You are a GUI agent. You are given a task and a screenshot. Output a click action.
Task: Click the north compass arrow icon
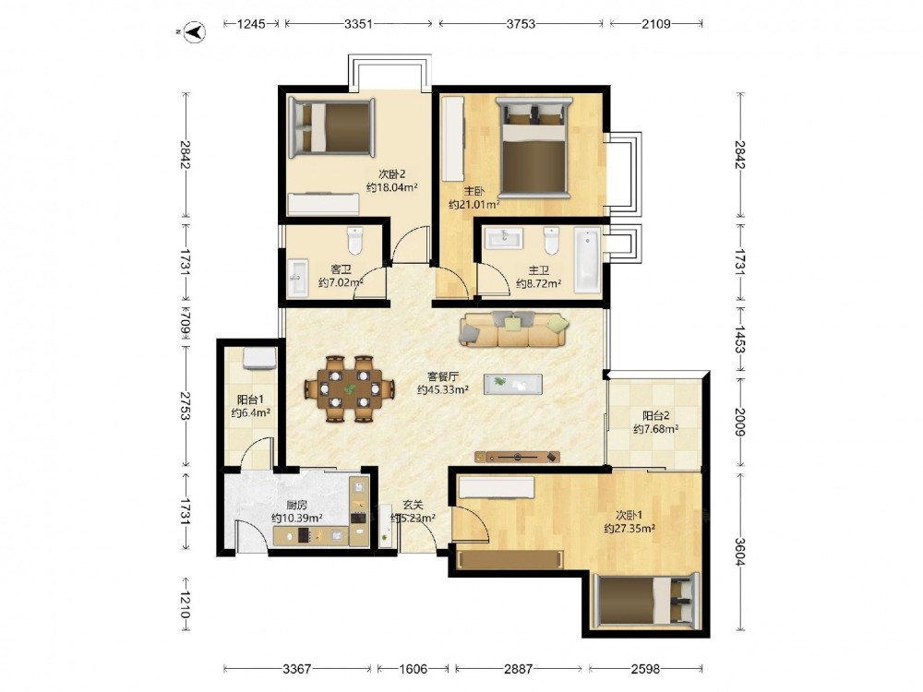tap(194, 31)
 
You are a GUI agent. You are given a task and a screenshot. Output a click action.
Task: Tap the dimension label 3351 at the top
tap(358, 24)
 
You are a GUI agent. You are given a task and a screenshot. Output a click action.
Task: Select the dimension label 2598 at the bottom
tap(645, 668)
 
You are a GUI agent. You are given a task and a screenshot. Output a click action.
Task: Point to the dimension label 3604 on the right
tap(740, 551)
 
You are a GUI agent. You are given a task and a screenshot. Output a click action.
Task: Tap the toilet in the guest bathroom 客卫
tap(355, 240)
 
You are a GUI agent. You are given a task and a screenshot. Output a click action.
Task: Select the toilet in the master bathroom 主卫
tap(552, 241)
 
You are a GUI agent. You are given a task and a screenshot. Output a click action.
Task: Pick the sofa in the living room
tap(514, 328)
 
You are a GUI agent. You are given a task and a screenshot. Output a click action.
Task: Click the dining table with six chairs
tap(349, 388)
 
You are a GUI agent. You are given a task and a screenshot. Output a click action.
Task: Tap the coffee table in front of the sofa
tap(512, 384)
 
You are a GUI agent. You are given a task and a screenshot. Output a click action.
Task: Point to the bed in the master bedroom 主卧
tap(533, 148)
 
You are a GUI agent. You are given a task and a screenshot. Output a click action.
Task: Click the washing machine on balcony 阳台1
tap(259, 358)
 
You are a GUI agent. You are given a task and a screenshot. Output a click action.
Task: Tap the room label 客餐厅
tap(443, 376)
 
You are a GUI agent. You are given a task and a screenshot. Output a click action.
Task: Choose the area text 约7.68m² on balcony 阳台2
tap(655, 429)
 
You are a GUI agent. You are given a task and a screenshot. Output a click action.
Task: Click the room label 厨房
tap(296, 505)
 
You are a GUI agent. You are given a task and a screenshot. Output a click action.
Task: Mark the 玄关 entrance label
tap(414, 505)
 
